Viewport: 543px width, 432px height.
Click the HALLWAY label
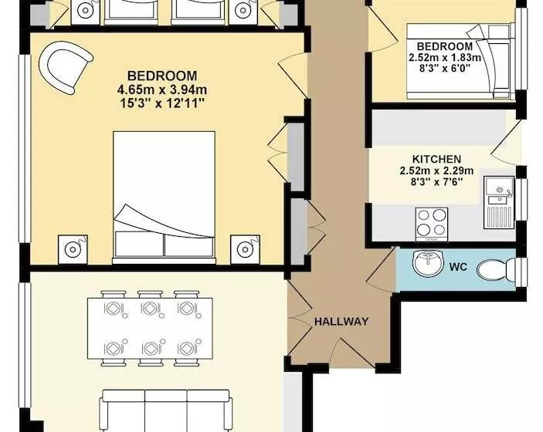(341, 322)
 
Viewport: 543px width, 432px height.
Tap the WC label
(458, 267)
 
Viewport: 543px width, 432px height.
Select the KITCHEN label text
(436, 159)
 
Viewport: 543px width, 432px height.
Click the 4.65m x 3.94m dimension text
(162, 89)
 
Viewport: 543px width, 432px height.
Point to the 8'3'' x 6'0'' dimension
(445, 68)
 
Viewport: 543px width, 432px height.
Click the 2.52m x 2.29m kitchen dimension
(436, 170)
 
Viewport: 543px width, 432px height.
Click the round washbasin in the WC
(428, 262)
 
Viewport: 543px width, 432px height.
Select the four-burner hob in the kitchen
(432, 224)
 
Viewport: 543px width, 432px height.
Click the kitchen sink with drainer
(499, 202)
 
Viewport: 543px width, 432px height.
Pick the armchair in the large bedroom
(66, 66)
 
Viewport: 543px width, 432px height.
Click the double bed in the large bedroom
(165, 197)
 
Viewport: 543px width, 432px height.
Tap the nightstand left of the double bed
(73, 249)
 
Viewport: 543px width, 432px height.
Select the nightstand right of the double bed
(245, 249)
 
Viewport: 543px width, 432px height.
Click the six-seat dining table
(151, 328)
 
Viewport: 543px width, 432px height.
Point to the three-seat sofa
(166, 411)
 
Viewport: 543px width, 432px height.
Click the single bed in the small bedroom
(459, 62)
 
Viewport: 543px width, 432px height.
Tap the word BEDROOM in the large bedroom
(162, 76)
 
